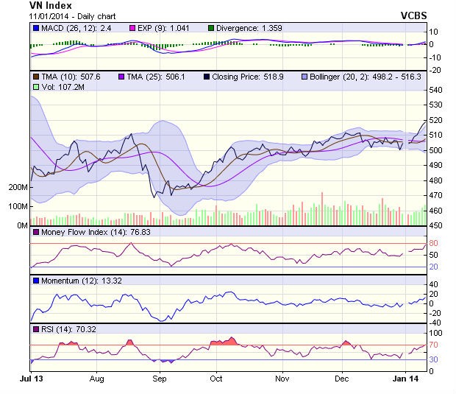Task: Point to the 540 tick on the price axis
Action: click(x=436, y=90)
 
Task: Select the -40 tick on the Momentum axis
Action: click(x=435, y=323)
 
